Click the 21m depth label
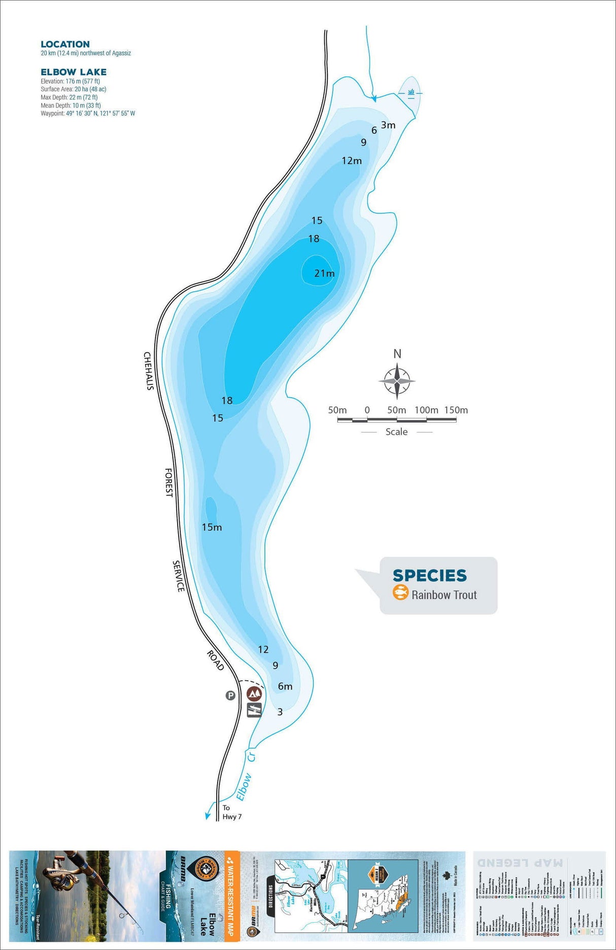coord(324,273)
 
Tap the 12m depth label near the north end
coord(352,160)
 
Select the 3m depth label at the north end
coord(388,125)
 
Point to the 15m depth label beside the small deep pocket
coord(212,527)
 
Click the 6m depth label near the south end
coord(285,686)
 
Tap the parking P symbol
coord(230,695)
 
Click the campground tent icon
coord(254,694)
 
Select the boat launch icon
coord(254,710)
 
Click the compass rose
coord(397,380)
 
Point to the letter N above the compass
coord(397,353)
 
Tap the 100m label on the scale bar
coord(426,410)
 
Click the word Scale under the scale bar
coord(396,432)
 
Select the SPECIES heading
coord(429,575)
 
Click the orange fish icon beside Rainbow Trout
coord(400,592)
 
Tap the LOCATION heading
coord(65,44)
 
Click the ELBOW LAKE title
coord(74,72)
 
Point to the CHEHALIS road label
coord(148,371)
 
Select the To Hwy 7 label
coord(231,812)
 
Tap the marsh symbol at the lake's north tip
coord(411,92)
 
